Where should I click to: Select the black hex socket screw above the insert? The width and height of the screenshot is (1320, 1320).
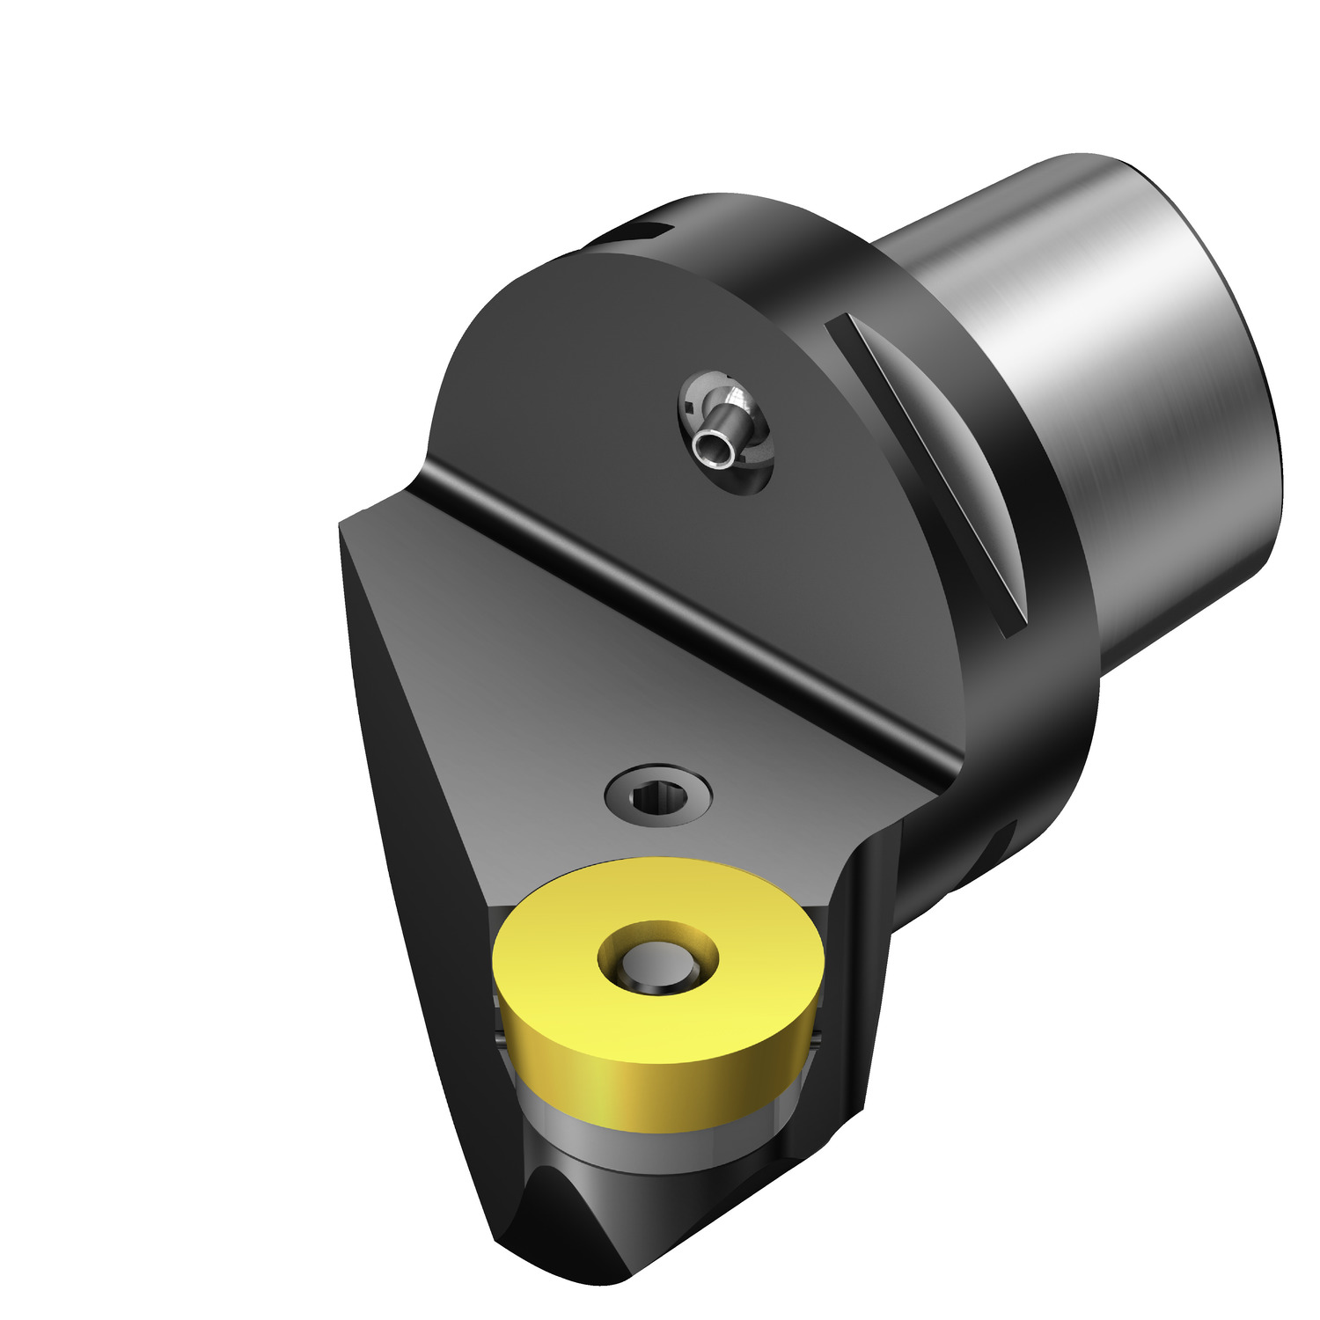pos(658,796)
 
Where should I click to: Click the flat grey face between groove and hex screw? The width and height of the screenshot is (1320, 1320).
pos(572,686)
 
